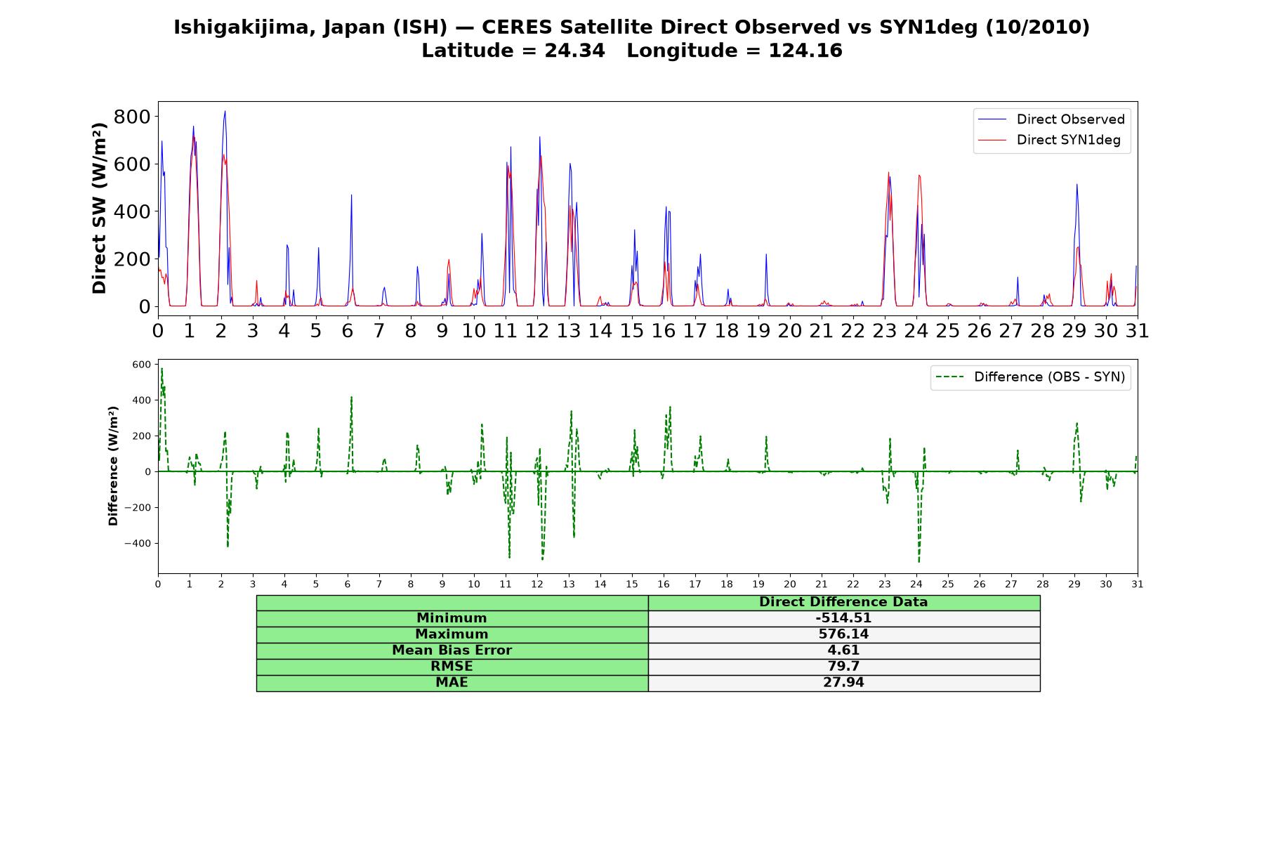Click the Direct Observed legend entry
(1051, 119)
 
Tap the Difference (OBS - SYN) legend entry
(1029, 377)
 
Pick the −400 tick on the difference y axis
(138, 543)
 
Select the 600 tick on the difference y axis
(141, 364)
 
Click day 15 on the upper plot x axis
(632, 330)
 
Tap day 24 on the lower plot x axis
(916, 584)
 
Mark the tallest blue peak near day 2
(225, 111)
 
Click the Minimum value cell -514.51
(843, 618)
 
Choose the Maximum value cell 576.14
(843, 634)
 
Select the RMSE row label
(452, 667)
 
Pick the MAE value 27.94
(843, 683)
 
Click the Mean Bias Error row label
(452, 651)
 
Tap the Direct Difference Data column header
(843, 602)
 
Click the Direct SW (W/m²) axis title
(100, 209)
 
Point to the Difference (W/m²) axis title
(113, 466)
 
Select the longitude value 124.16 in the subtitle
(805, 51)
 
